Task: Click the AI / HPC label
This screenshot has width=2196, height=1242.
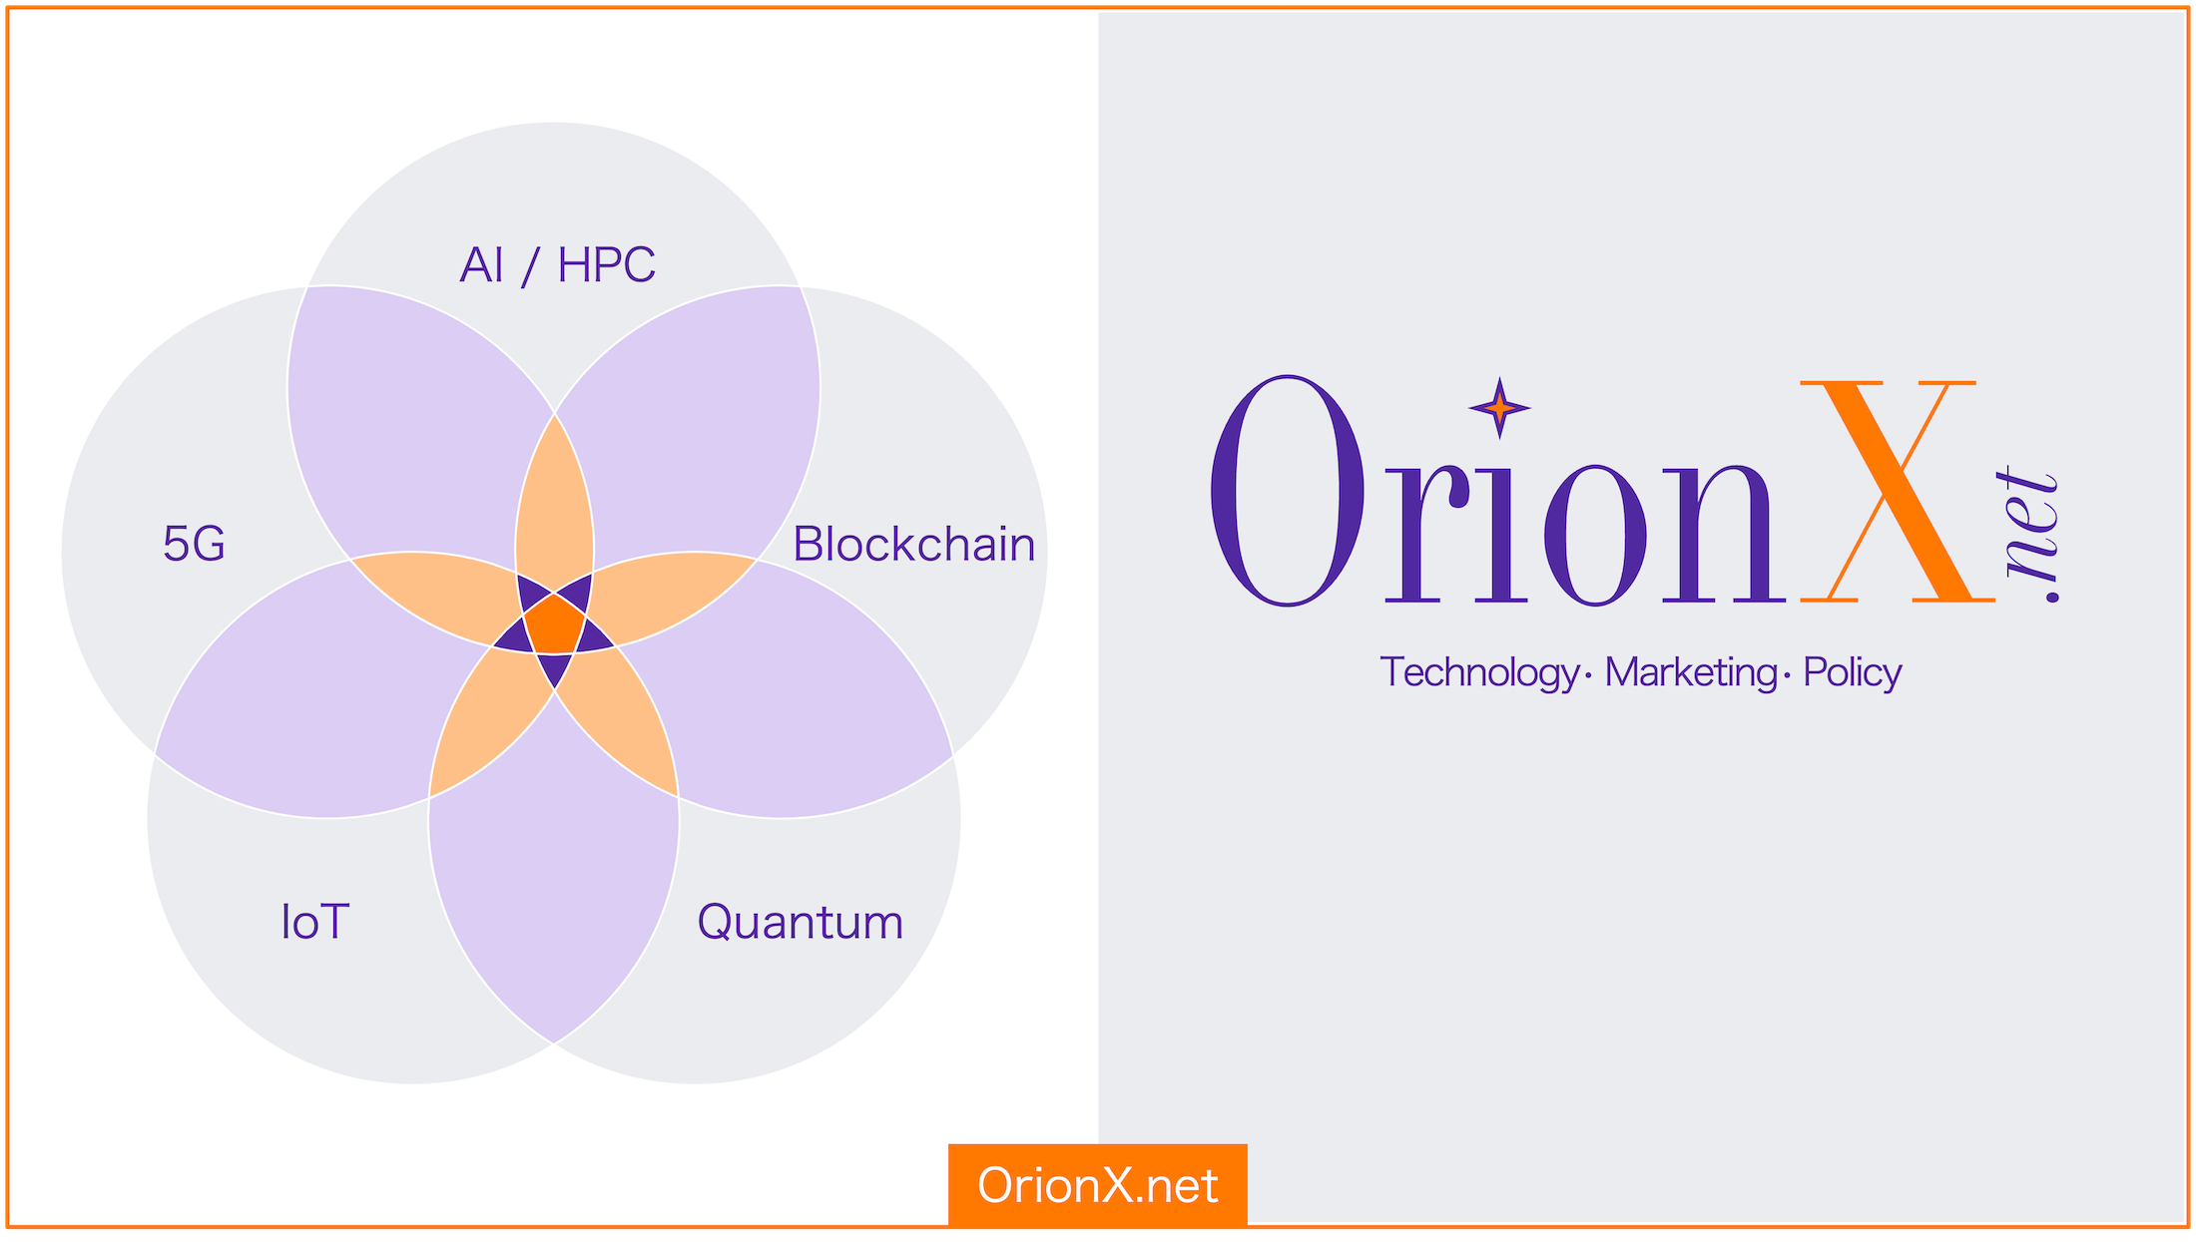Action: tap(557, 265)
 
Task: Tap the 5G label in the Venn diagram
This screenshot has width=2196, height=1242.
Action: tap(194, 545)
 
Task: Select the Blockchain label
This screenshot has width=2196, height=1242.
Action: tap(913, 545)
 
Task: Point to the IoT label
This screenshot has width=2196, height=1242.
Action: tap(314, 922)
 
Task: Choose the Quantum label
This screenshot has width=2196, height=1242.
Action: tap(800, 923)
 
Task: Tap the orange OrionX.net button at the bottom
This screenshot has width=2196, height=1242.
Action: tap(1098, 1185)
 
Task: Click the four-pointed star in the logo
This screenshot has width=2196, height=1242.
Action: tap(1499, 407)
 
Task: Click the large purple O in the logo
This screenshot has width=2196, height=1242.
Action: tap(1288, 491)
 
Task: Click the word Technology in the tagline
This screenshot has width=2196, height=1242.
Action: tap(1478, 672)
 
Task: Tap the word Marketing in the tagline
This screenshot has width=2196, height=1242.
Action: tap(1691, 672)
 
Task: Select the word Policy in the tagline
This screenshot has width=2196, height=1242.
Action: tap(1853, 672)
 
